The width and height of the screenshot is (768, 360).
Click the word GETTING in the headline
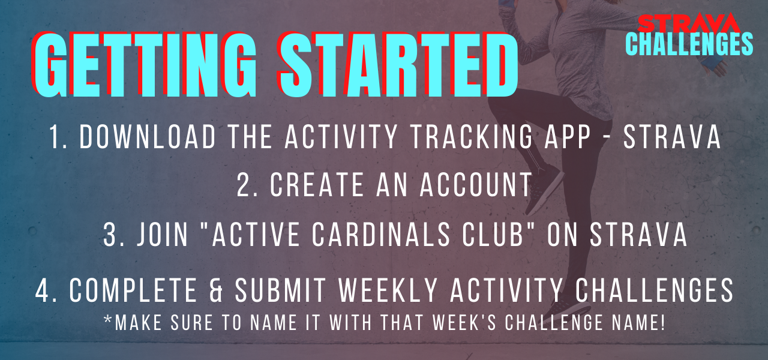[145, 64]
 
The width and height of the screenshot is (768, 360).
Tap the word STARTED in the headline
[398, 64]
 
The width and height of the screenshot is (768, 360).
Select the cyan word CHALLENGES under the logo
[689, 44]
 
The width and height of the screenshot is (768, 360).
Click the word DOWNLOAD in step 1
[148, 137]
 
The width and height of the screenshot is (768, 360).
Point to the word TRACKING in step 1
[472, 137]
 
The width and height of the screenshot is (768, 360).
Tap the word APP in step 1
[568, 137]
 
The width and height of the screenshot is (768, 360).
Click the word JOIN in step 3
[163, 234]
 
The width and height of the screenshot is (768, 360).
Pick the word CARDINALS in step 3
[381, 234]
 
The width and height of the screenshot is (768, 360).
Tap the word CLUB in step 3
[493, 234]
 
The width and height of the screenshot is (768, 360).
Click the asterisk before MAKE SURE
[108, 320]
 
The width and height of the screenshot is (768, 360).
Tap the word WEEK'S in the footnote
[464, 322]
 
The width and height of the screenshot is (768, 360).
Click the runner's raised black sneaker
[544, 188]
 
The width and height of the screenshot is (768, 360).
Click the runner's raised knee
[497, 103]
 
